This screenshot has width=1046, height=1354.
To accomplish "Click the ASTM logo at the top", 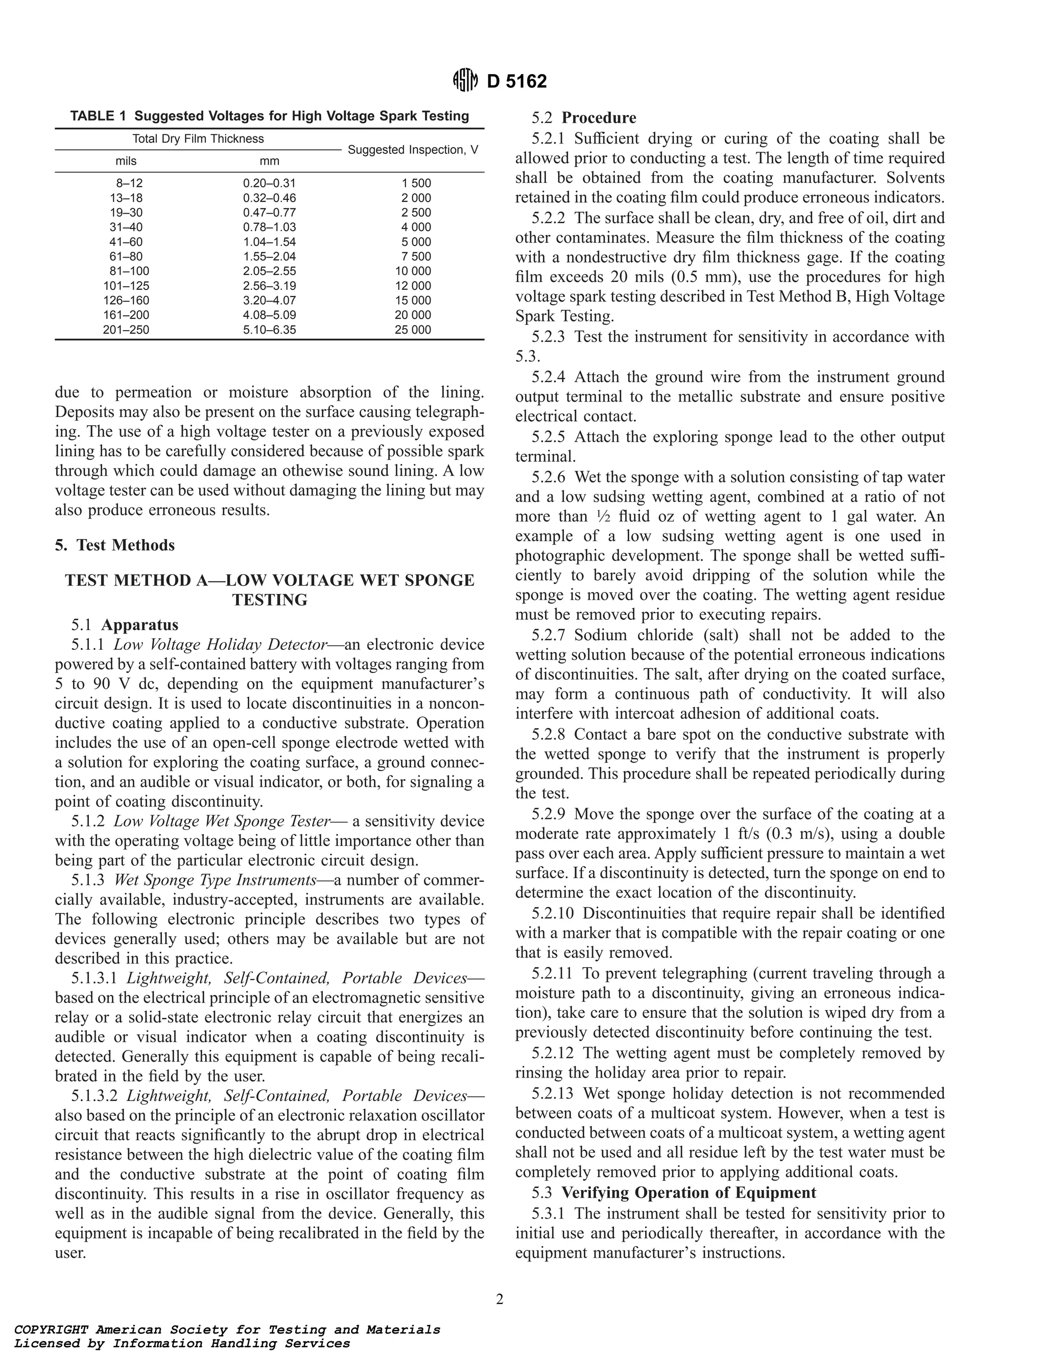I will click(465, 81).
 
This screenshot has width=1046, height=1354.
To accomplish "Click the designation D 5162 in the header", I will click(517, 82).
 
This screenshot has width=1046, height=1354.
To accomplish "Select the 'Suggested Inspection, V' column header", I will click(413, 150).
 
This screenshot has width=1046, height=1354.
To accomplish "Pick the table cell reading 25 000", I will click(413, 330).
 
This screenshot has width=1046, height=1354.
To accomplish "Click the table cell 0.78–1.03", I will click(269, 227).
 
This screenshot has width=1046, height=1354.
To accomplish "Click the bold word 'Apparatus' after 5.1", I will click(140, 624).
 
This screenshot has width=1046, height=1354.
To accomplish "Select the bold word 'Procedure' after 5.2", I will click(599, 118).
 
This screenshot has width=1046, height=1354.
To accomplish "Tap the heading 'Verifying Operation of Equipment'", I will click(688, 1193).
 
